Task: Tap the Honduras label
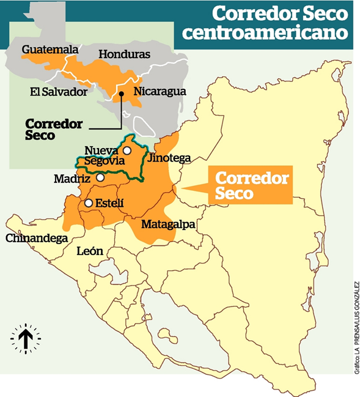[x=124, y=54]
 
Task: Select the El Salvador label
[x=59, y=92]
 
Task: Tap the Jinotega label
[x=169, y=158]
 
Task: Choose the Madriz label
[x=72, y=179]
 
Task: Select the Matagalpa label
[x=167, y=224]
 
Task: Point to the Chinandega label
[x=36, y=239]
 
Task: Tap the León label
[x=90, y=251]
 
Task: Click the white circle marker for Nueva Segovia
[x=127, y=150]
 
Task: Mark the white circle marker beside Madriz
[x=100, y=178]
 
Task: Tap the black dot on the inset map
[x=122, y=94]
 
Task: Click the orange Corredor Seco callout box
[x=251, y=185]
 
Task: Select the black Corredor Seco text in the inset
[x=53, y=130]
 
